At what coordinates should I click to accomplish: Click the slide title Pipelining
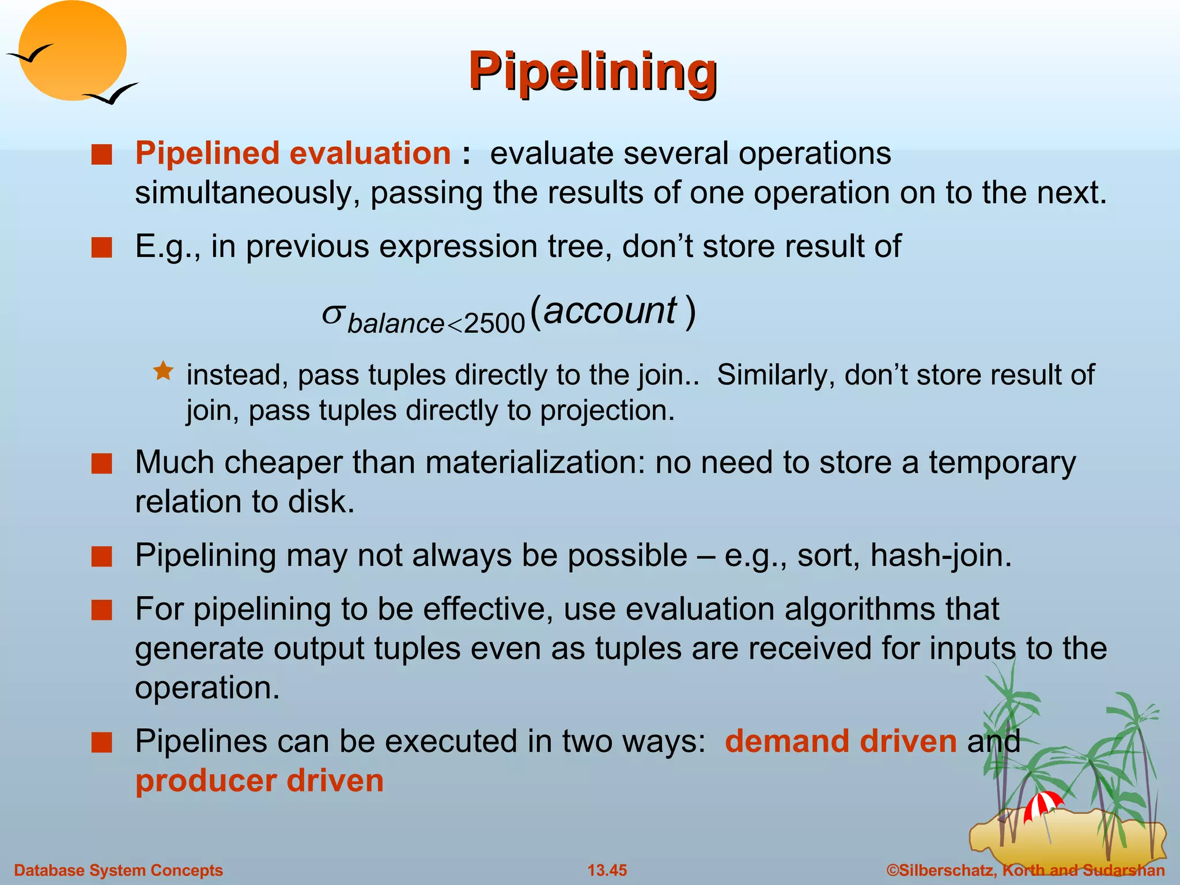tap(592, 71)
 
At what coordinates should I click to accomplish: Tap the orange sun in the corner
tap(72, 51)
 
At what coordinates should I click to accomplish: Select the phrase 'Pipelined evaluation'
tap(293, 154)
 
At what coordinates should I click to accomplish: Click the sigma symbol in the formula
tap(332, 314)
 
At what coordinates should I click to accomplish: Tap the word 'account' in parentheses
tap(610, 311)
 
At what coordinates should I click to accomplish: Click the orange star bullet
tap(164, 371)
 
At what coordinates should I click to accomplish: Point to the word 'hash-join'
tap(940, 556)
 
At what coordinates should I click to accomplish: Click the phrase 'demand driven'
tap(840, 742)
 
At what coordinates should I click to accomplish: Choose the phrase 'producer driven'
tap(259, 781)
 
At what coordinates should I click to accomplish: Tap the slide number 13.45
tap(607, 870)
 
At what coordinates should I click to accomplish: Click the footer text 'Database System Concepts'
tap(118, 870)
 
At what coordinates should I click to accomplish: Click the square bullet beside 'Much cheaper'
tap(101, 464)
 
